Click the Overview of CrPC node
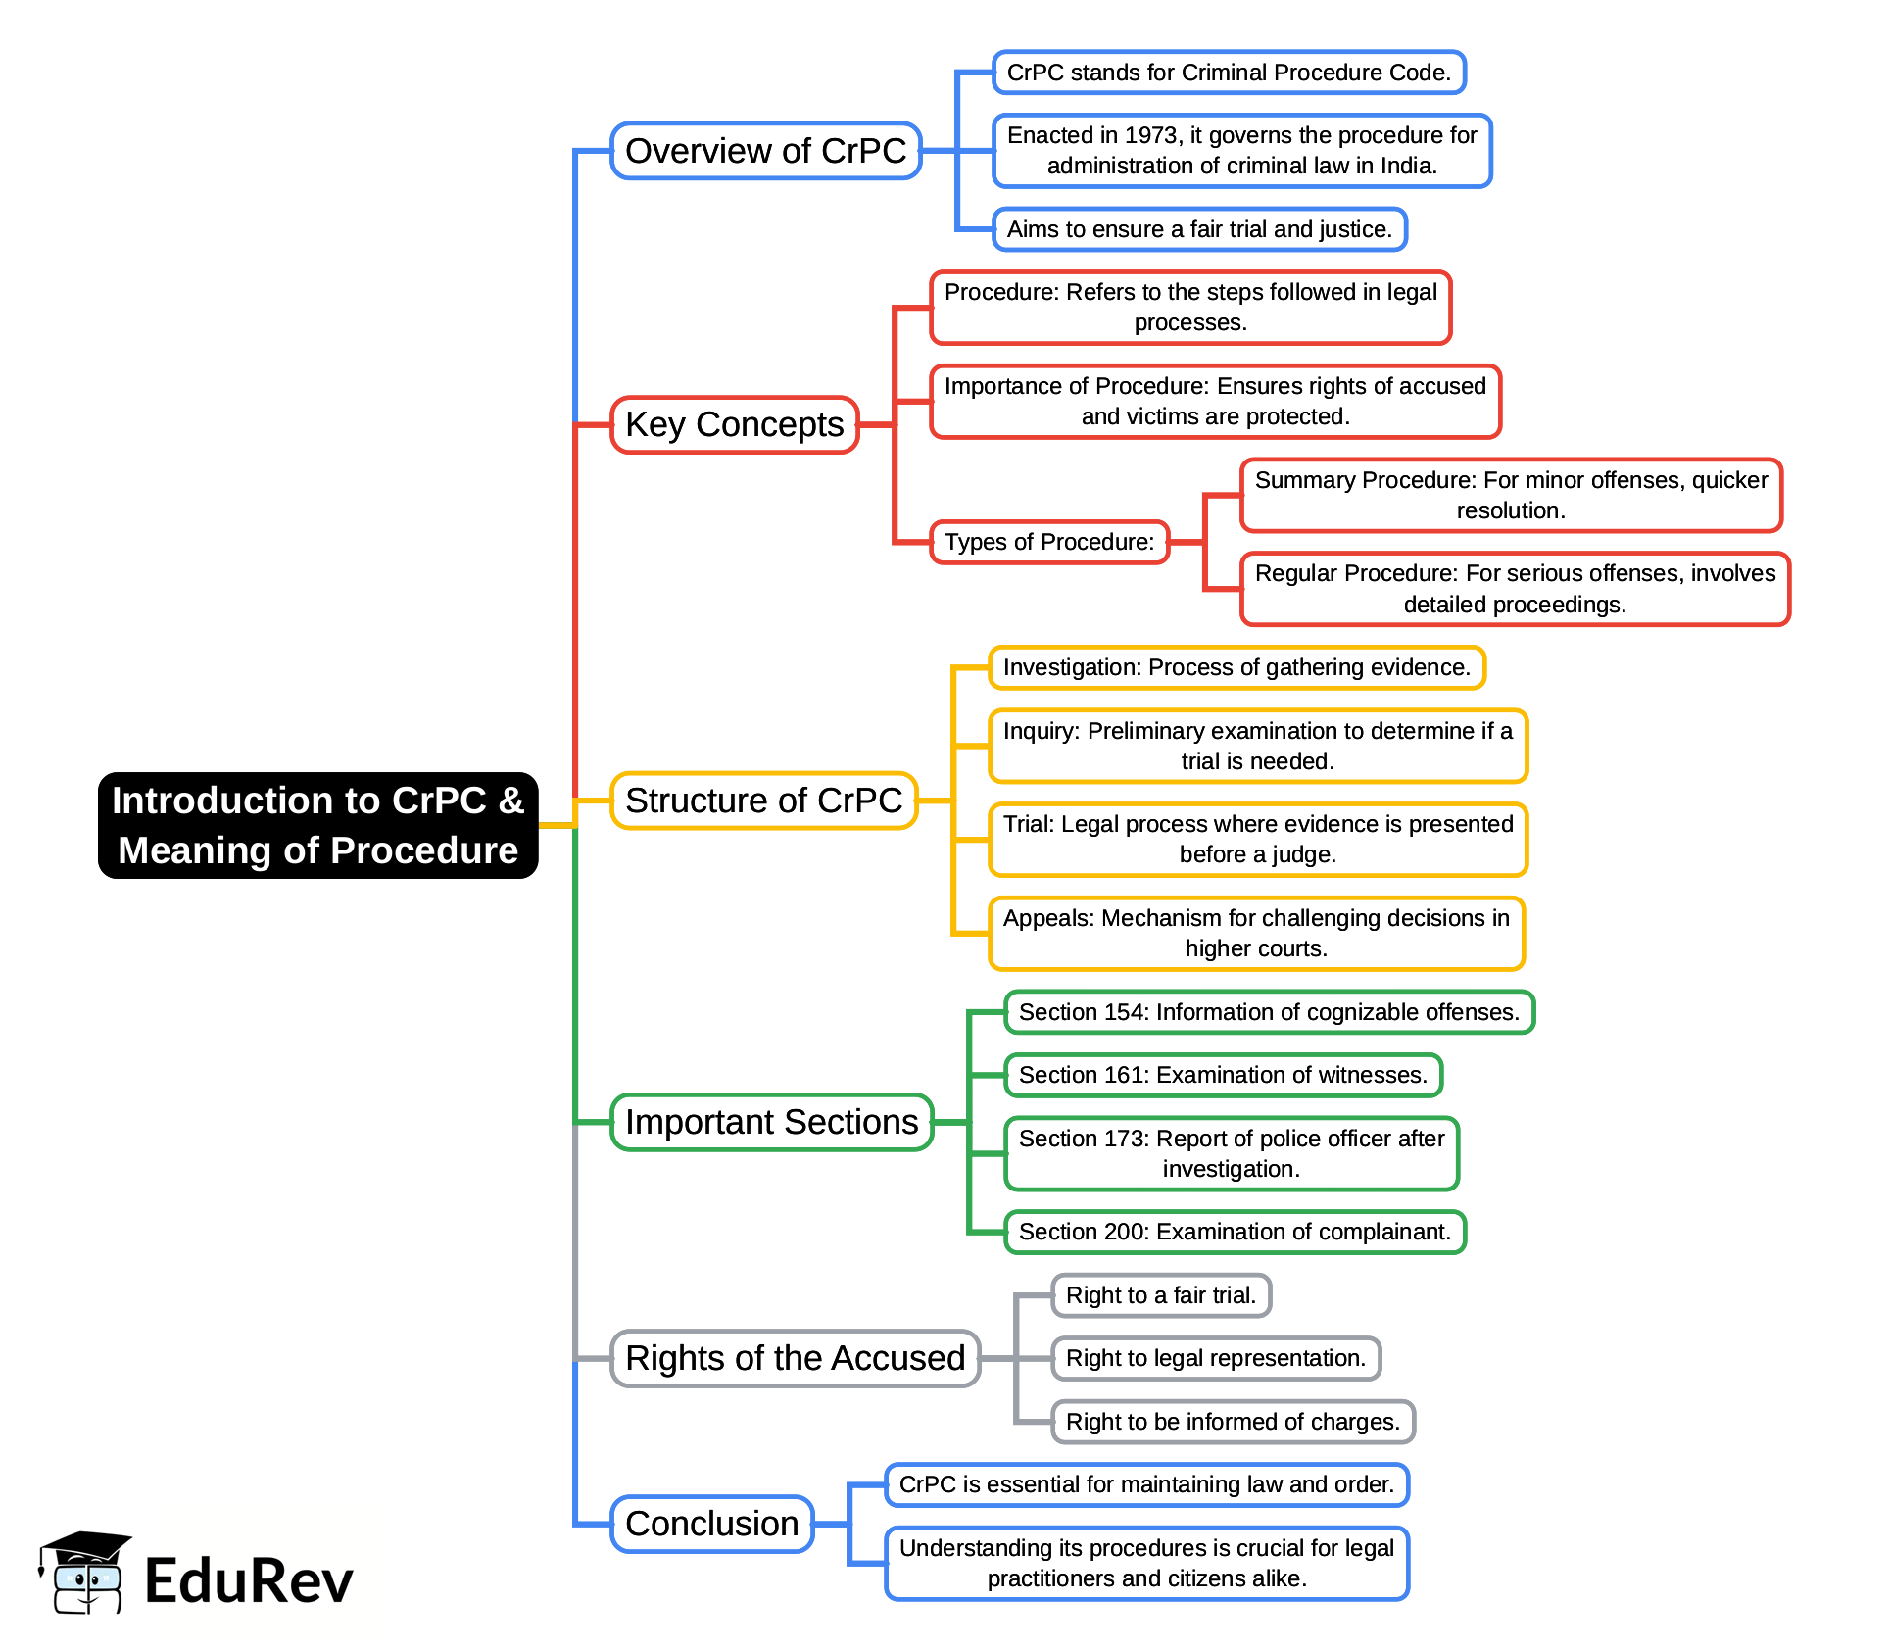[x=765, y=151]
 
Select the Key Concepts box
[x=734, y=424]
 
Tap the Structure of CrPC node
[x=763, y=801]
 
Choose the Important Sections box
[x=771, y=1122]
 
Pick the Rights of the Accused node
[x=795, y=1358]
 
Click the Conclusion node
[x=711, y=1524]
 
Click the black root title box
[x=317, y=825]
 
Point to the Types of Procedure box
[x=1048, y=542]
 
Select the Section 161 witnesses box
[x=1223, y=1075]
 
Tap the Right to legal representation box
[x=1215, y=1358]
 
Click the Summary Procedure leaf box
[x=1510, y=495]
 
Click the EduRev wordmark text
[x=248, y=1581]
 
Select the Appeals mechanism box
[x=1256, y=933]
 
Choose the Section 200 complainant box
[x=1235, y=1232]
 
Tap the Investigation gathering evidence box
[x=1236, y=667]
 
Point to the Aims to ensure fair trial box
[x=1199, y=229]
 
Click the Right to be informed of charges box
[x=1233, y=1422]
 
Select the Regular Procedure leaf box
[x=1514, y=589]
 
